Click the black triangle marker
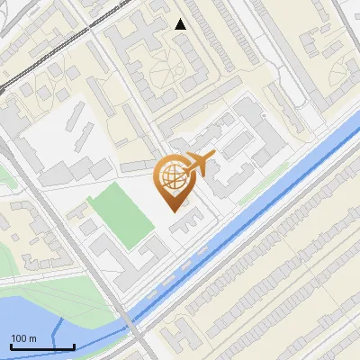(181, 24)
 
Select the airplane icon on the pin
(200, 164)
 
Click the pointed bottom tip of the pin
(174, 211)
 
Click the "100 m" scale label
(23, 338)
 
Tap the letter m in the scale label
(32, 338)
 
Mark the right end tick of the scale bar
(74, 345)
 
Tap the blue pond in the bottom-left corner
(36, 319)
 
